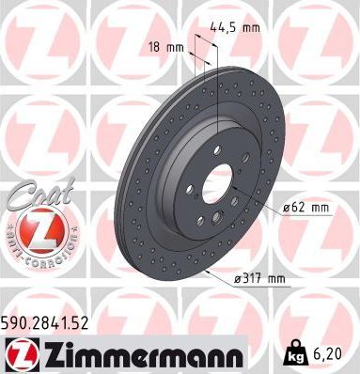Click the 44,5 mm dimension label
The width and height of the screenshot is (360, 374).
(x=239, y=27)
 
